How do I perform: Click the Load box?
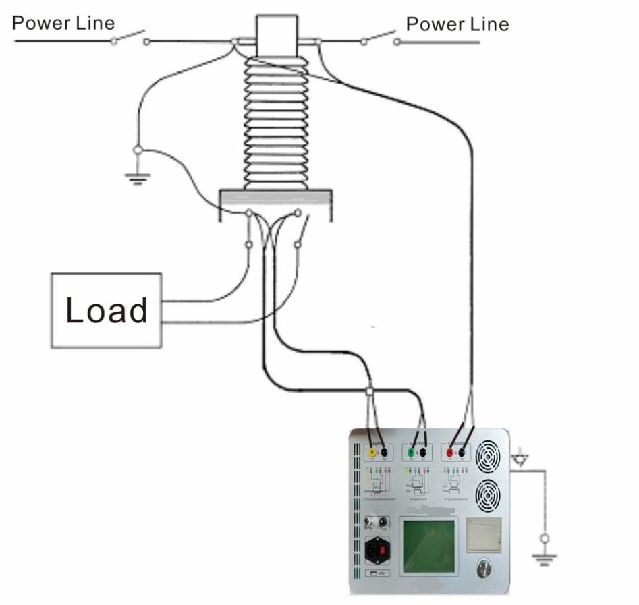coord(107,310)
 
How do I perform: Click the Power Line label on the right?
coord(457,24)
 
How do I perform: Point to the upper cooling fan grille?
coord(489,457)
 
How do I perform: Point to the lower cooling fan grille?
coord(489,496)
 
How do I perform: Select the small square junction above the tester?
coord(369,391)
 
